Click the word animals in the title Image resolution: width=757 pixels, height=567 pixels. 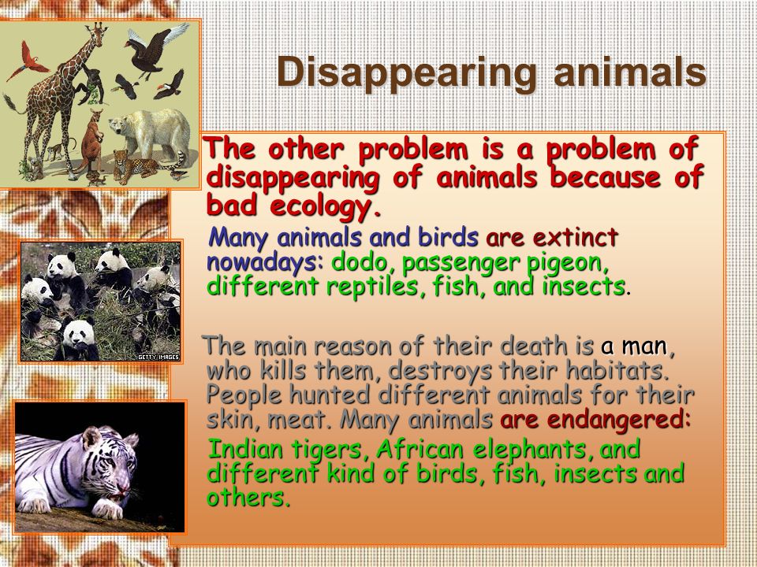630,72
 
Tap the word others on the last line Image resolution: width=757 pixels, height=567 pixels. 248,498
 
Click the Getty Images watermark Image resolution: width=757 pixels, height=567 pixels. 158,358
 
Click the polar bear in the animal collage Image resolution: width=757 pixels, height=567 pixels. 150,134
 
